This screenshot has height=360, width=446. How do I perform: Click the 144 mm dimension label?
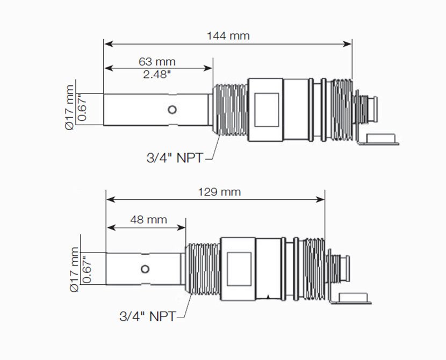[x=228, y=36]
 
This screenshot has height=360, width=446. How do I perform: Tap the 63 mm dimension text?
[x=157, y=62]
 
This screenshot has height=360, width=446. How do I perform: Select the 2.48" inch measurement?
[x=157, y=75]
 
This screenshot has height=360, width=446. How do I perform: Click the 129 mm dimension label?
[x=219, y=192]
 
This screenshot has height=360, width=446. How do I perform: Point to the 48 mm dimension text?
[x=148, y=220]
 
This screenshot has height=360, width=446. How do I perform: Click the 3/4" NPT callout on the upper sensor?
[x=175, y=158]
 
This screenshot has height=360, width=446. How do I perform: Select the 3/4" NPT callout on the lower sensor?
[x=148, y=316]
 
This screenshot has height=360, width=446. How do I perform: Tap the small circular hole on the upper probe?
[x=172, y=110]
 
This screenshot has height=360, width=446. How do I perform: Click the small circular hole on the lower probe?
[x=145, y=269]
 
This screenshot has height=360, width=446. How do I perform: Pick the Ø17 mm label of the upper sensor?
[x=69, y=107]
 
